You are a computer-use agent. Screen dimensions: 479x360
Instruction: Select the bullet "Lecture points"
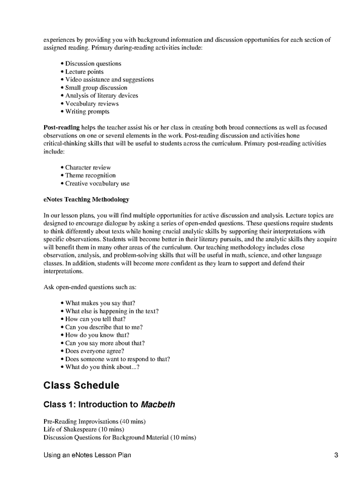point(84,71)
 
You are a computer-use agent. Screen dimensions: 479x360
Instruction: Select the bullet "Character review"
point(88,167)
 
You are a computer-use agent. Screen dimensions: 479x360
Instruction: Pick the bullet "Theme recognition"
point(90,175)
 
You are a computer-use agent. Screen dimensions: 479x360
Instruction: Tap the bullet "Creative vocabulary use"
point(97,183)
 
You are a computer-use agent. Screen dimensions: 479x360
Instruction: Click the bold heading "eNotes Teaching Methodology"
point(86,199)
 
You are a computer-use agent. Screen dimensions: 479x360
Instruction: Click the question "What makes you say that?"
point(100,303)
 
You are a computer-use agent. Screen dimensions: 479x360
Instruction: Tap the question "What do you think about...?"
point(102,367)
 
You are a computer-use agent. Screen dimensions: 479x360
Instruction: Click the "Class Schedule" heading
point(81,385)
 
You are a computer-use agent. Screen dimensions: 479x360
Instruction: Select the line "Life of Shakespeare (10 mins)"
point(83,429)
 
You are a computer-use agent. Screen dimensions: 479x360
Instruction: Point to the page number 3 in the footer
point(337,456)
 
